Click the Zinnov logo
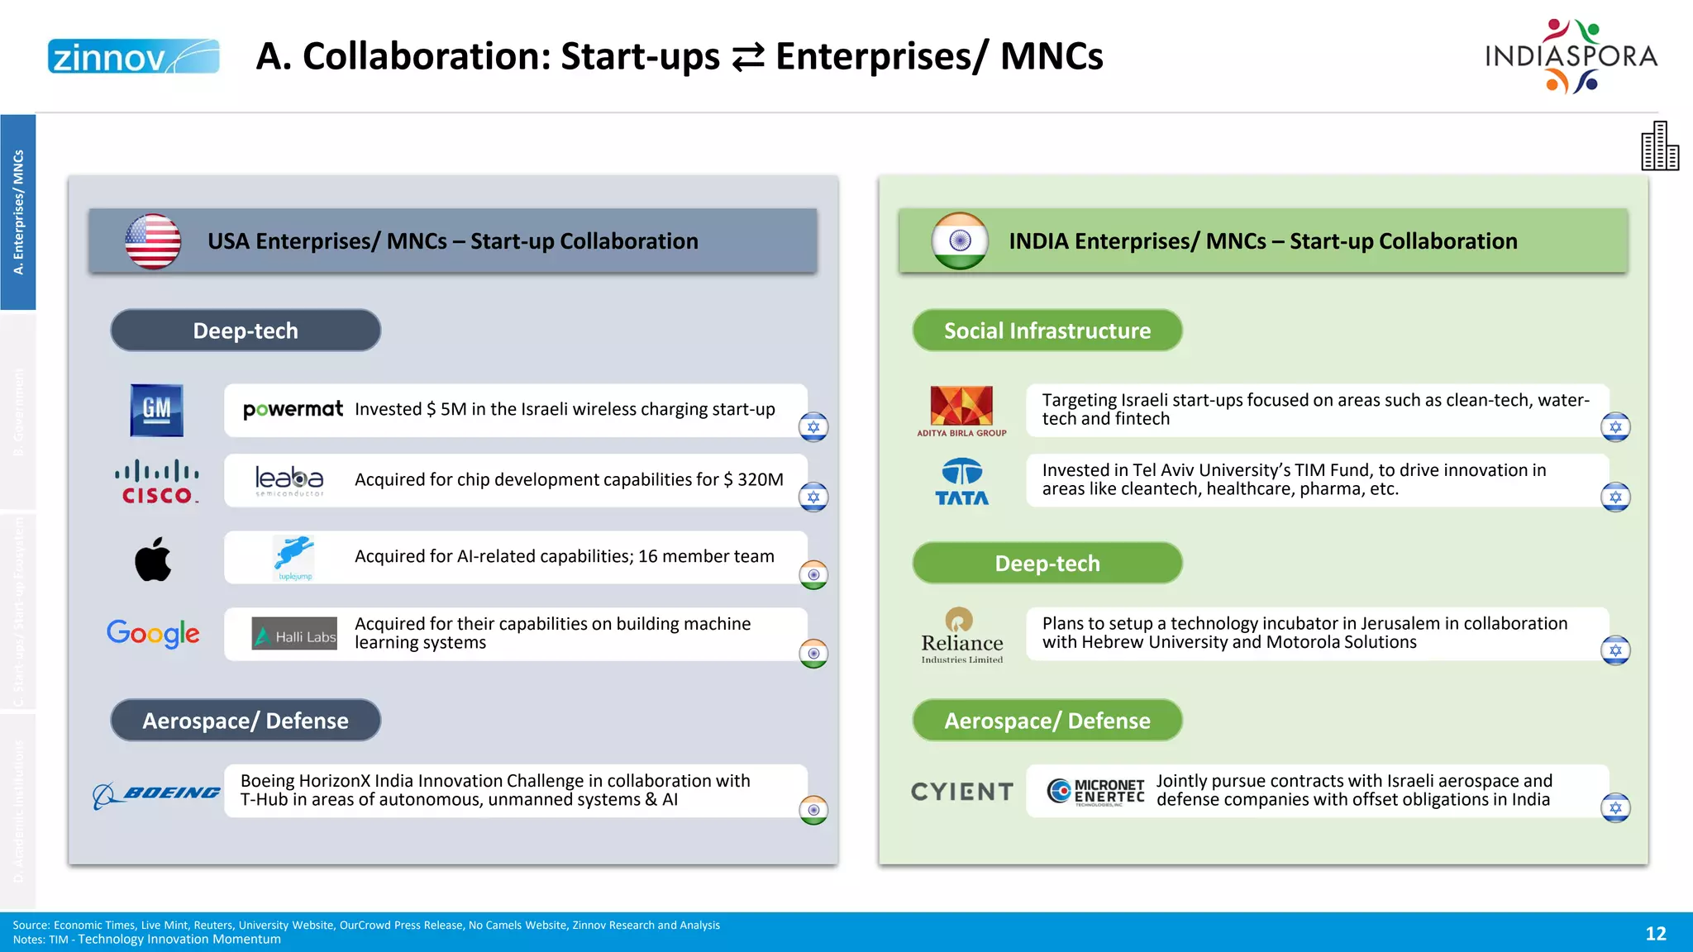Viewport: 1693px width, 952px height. coord(133,56)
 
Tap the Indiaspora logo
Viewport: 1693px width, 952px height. coord(1571,56)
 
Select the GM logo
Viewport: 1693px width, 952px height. coord(156,410)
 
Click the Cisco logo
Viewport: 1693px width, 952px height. coord(156,483)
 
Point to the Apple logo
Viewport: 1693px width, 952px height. coord(153,559)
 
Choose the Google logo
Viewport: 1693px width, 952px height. coord(153,634)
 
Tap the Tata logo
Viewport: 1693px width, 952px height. coord(961,483)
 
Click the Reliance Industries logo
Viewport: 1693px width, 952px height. coord(961,635)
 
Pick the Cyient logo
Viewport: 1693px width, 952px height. coord(961,792)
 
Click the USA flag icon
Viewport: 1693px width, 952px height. coord(153,241)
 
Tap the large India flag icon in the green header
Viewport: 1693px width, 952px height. coord(960,241)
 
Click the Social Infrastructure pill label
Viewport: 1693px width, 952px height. coord(1047,331)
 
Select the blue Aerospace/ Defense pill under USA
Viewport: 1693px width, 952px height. coord(246,721)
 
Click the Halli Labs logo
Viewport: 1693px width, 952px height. coord(294,634)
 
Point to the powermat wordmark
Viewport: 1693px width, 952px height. coord(293,409)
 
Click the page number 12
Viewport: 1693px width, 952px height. coord(1655,934)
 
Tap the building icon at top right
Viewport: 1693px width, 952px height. coord(1659,146)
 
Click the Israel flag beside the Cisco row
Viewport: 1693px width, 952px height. coord(813,497)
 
